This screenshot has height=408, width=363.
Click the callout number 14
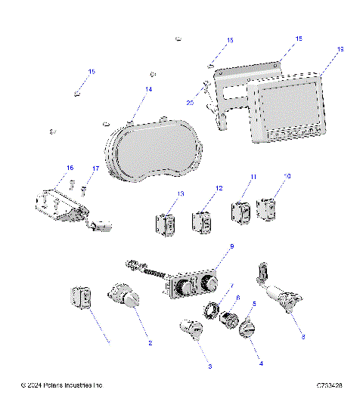point(148,89)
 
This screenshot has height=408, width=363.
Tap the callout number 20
point(191,101)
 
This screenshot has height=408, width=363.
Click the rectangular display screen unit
point(288,109)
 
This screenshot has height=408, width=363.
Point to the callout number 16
point(70,167)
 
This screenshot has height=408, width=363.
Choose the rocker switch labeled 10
point(268,209)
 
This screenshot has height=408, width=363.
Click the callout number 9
point(231,247)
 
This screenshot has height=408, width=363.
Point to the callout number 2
point(150,343)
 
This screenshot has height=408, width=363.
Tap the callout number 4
point(261,363)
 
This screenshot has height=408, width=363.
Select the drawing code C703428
point(330,386)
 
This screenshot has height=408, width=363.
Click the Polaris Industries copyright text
point(61,386)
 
